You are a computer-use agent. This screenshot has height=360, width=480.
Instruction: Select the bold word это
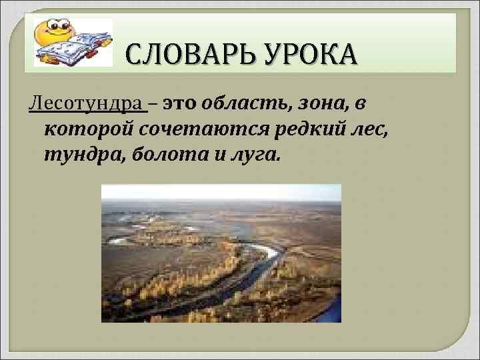point(179,105)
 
